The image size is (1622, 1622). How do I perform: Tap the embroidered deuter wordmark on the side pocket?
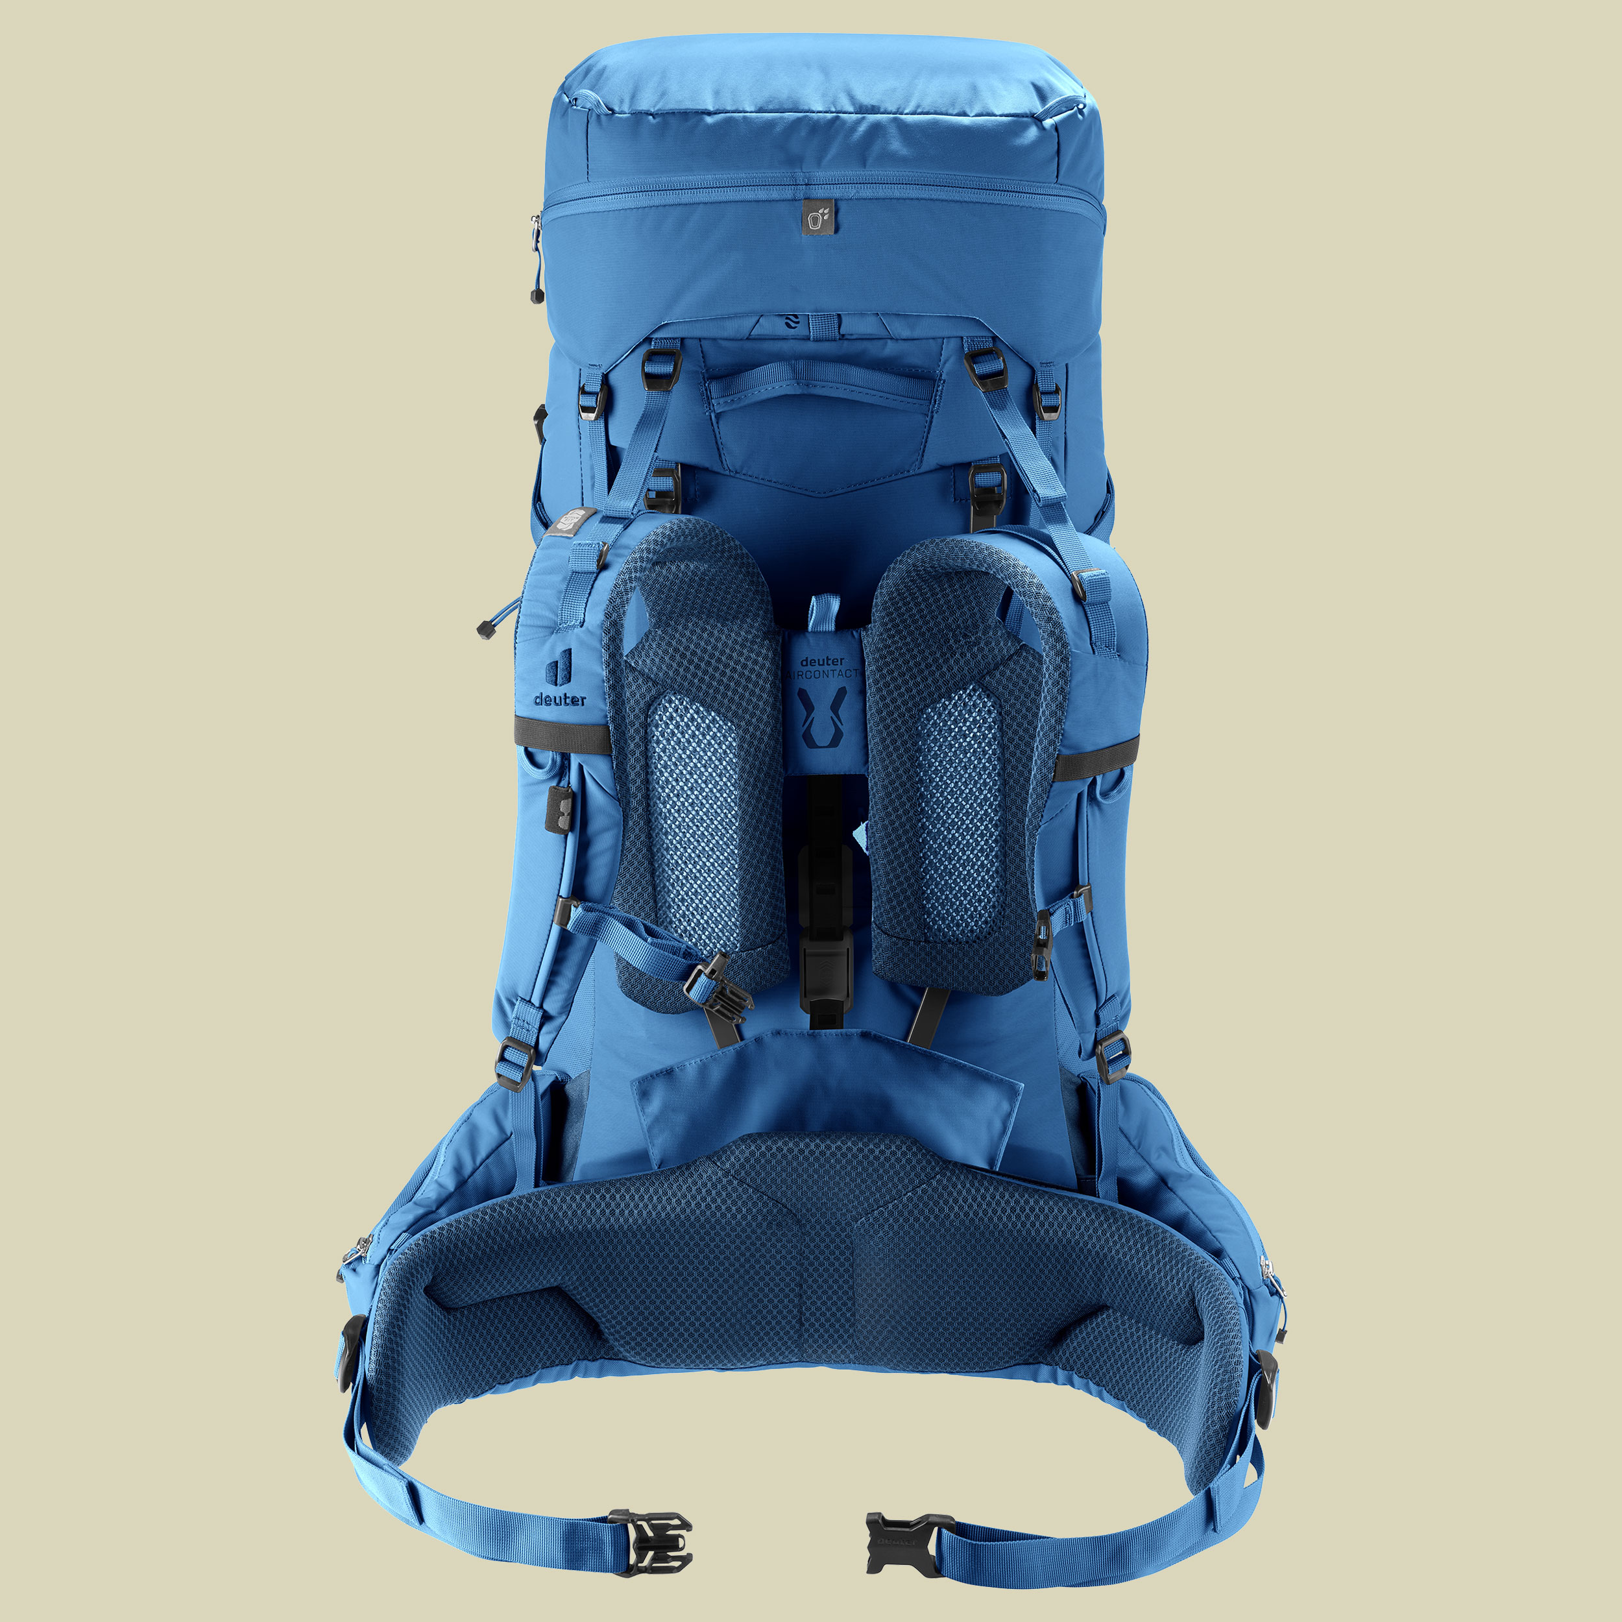560,699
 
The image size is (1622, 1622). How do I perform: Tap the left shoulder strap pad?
695,756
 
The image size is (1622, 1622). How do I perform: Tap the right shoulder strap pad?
965,756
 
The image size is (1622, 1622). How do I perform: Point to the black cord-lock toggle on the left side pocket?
485,629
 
